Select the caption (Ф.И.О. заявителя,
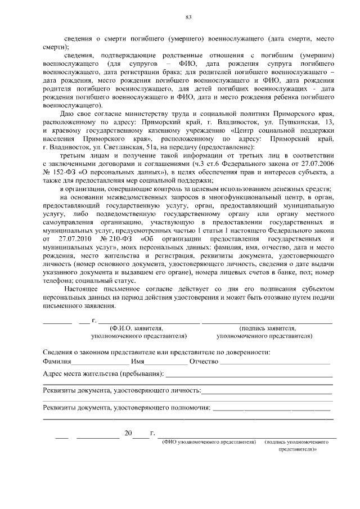pos(137,327)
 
